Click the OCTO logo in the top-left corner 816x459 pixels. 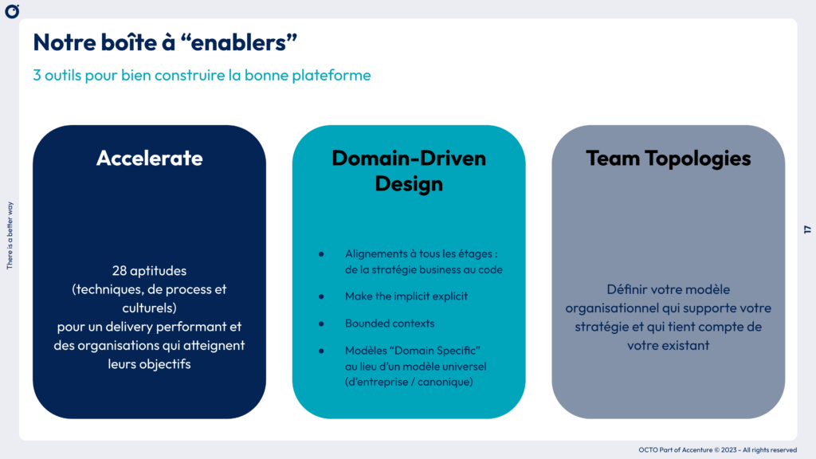coord(12,11)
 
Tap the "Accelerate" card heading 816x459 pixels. coord(149,158)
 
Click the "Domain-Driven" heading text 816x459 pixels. coord(409,158)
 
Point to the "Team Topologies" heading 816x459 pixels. coord(668,158)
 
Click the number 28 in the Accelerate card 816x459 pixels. coord(120,271)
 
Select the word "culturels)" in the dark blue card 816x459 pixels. coord(149,308)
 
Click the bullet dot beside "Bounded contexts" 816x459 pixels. coord(321,324)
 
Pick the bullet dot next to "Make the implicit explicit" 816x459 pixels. coord(321,296)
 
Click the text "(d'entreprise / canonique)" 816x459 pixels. coord(409,381)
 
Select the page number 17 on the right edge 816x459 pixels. coord(806,229)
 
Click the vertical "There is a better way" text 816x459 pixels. coord(10,235)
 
